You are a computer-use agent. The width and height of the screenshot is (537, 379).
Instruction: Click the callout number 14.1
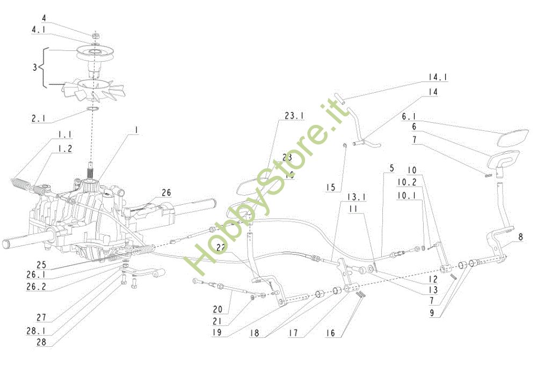(x=438, y=78)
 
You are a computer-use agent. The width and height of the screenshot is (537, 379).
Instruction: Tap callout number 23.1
(x=294, y=115)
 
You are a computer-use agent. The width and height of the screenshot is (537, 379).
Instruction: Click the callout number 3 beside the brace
(x=35, y=68)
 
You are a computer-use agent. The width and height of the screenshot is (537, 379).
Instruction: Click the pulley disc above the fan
(x=95, y=53)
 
